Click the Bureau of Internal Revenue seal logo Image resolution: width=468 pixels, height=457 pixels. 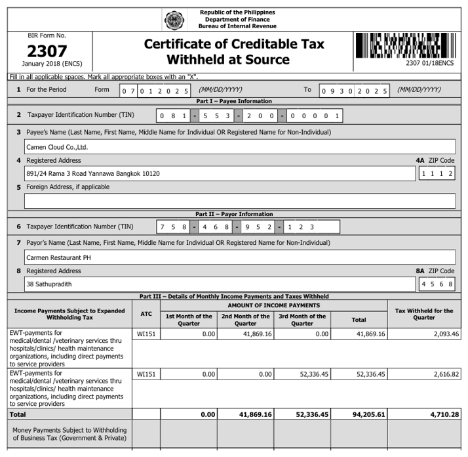click(174, 20)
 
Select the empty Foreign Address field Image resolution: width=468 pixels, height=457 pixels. click(239, 201)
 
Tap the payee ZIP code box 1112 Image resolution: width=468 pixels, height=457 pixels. click(437, 173)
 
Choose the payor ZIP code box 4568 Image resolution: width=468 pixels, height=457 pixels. click(437, 284)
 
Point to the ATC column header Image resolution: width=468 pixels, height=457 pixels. click(146, 314)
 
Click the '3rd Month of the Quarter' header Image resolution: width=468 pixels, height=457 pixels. click(302, 320)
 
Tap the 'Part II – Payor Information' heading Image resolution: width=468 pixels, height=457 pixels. click(234, 214)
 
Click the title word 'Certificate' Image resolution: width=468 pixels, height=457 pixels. click(185, 45)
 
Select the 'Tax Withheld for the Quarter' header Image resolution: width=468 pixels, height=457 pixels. click(424, 314)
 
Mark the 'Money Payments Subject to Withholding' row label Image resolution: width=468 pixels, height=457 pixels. click(69, 434)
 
